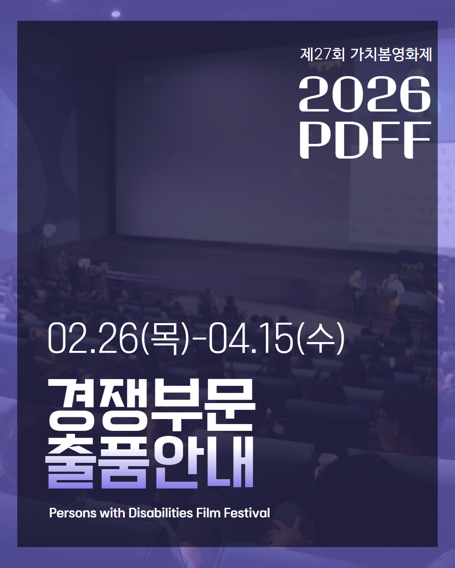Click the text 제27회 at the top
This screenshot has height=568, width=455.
tap(322, 54)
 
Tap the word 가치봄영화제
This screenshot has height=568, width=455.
tap(391, 54)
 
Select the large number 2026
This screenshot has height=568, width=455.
tap(365, 94)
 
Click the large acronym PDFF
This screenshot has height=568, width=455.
tap(365, 140)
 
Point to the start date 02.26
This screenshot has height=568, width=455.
tap(93, 339)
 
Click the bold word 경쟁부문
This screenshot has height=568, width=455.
tap(152, 405)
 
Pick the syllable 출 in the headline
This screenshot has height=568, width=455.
tap(70, 463)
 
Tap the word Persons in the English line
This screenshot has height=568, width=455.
tap(72, 513)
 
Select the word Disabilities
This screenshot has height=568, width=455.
tap(161, 513)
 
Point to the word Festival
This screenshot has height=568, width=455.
tap(247, 513)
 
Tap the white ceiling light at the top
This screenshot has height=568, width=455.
tap(116, 14)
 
